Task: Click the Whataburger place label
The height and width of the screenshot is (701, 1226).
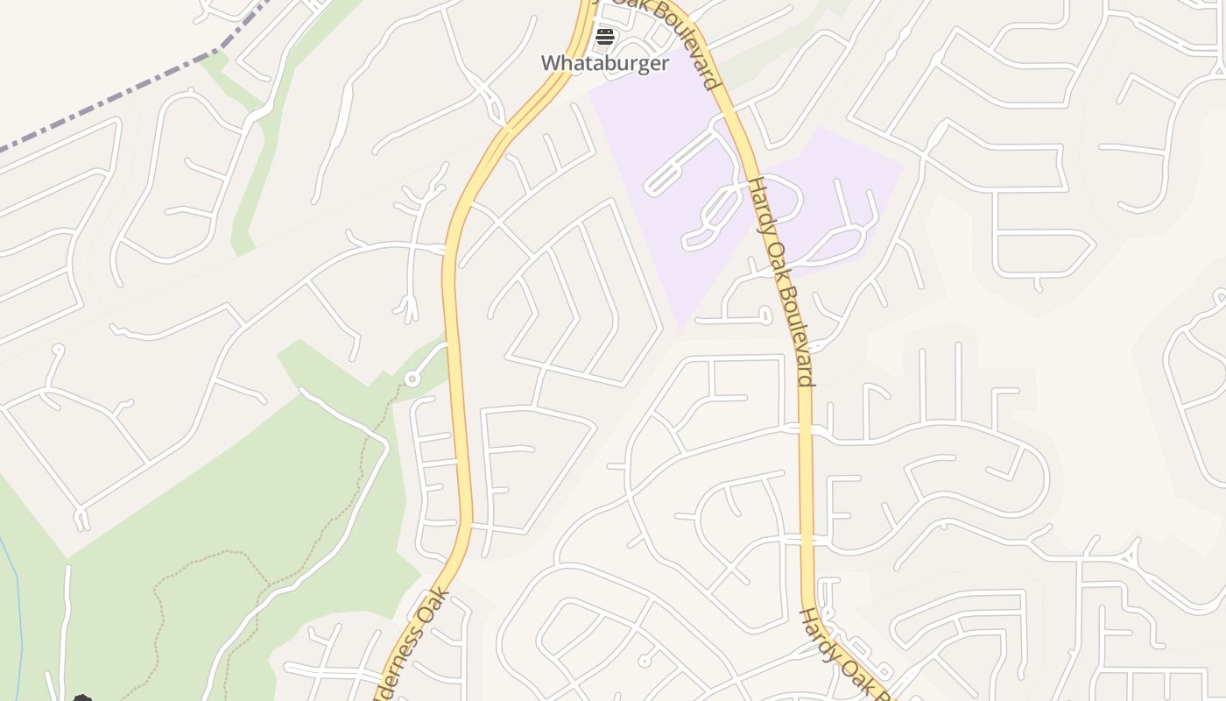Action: pos(604,63)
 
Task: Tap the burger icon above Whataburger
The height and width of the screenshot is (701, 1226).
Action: pos(604,38)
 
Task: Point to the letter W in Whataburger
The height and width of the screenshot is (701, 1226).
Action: pos(550,63)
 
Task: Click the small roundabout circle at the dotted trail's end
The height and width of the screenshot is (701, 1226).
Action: pos(412,379)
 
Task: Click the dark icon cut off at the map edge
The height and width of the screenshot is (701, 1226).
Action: pos(82,697)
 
